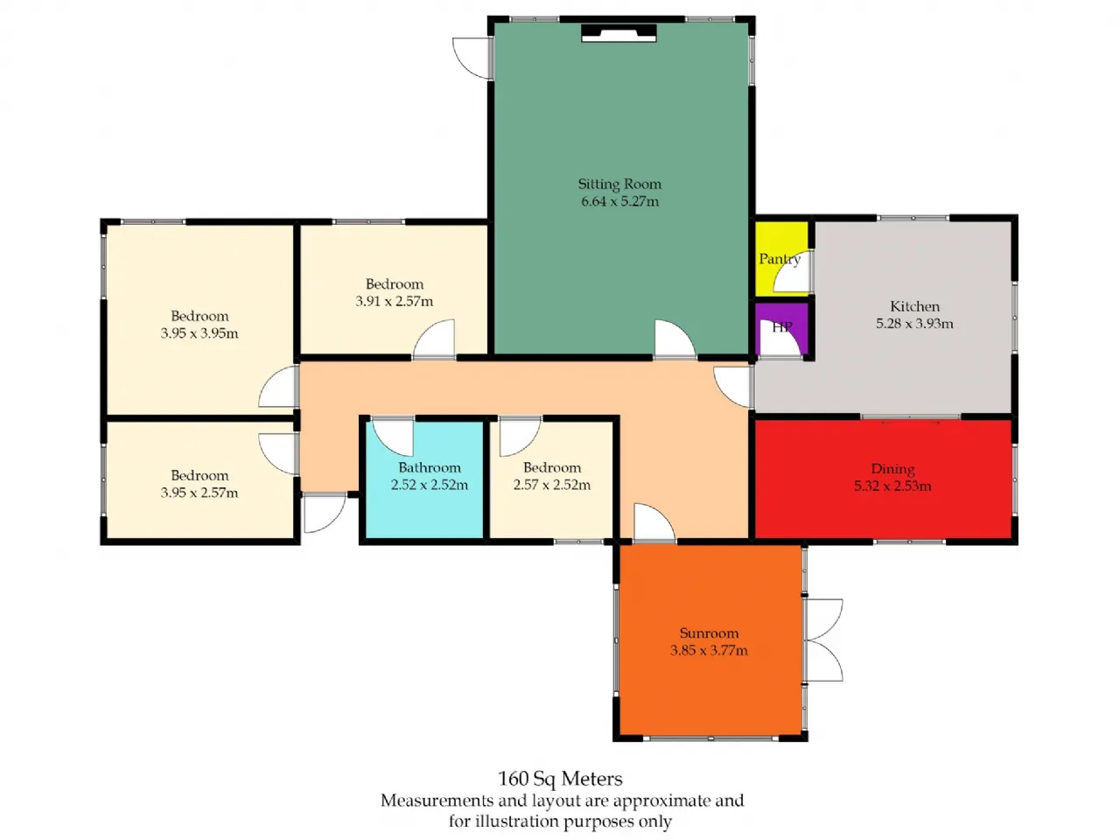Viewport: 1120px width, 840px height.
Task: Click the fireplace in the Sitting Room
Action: tap(619, 32)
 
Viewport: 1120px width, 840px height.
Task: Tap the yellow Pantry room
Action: tap(780, 258)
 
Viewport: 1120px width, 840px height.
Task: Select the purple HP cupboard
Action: tap(780, 329)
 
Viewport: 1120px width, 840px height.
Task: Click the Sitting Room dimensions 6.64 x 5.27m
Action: tap(619, 201)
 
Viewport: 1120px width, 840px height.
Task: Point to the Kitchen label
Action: tap(914, 306)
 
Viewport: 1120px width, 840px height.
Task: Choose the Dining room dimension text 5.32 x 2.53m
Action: tap(892, 486)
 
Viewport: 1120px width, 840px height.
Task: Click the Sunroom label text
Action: tap(709, 633)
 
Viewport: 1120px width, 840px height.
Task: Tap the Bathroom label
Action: tap(429, 467)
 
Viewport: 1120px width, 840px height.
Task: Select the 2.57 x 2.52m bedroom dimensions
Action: tap(551, 485)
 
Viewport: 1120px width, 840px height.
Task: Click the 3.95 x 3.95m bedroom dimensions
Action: tap(199, 333)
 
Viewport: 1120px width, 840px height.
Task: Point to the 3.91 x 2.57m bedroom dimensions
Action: tap(394, 301)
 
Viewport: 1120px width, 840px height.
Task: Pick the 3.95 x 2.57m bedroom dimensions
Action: tap(199, 493)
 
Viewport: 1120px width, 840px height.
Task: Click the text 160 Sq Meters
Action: tap(560, 779)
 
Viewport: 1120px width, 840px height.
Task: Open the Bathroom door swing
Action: tap(392, 437)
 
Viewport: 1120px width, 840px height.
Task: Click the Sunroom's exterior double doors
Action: tap(824, 640)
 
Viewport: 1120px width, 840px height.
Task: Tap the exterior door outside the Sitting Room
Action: tap(472, 59)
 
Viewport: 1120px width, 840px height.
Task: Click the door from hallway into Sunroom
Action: tap(654, 522)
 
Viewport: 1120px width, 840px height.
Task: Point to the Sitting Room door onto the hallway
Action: tap(675, 339)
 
